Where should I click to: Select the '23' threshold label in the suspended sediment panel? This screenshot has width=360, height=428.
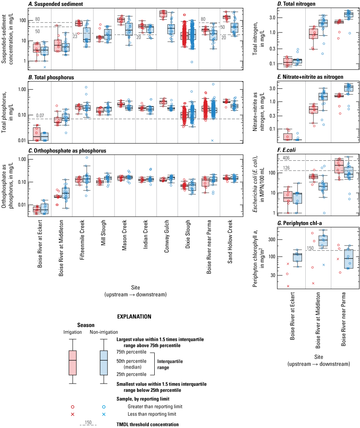click(x=75, y=36)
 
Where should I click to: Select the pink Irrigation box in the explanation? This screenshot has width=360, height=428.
click(x=72, y=362)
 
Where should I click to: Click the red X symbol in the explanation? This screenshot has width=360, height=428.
click(x=72, y=414)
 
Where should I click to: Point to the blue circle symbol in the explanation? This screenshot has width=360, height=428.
click(x=104, y=407)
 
